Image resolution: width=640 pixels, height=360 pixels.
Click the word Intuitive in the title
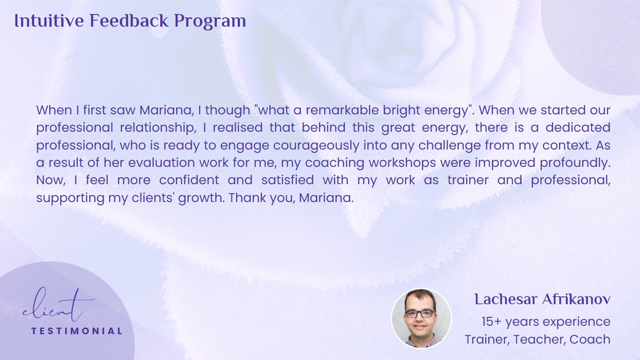pyautogui.click(x=49, y=21)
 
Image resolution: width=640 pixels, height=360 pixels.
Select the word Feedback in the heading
pyautogui.click(x=129, y=21)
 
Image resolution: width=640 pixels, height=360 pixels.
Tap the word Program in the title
pyautogui.click(x=210, y=22)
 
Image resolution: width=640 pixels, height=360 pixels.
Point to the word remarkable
pyautogui.click(x=342, y=110)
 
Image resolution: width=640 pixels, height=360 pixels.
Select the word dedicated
pyautogui.click(x=578, y=127)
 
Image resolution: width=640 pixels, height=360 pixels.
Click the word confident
pyautogui.click(x=189, y=180)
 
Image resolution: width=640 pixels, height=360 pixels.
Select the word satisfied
pyautogui.click(x=287, y=180)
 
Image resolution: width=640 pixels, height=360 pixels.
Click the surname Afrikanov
pyautogui.click(x=576, y=300)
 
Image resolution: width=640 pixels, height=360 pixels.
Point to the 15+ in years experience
pyautogui.click(x=491, y=322)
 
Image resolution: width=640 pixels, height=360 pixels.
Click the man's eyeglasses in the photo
pyautogui.click(x=420, y=314)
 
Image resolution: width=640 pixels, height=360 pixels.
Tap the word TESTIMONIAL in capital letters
pyautogui.click(x=76, y=331)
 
